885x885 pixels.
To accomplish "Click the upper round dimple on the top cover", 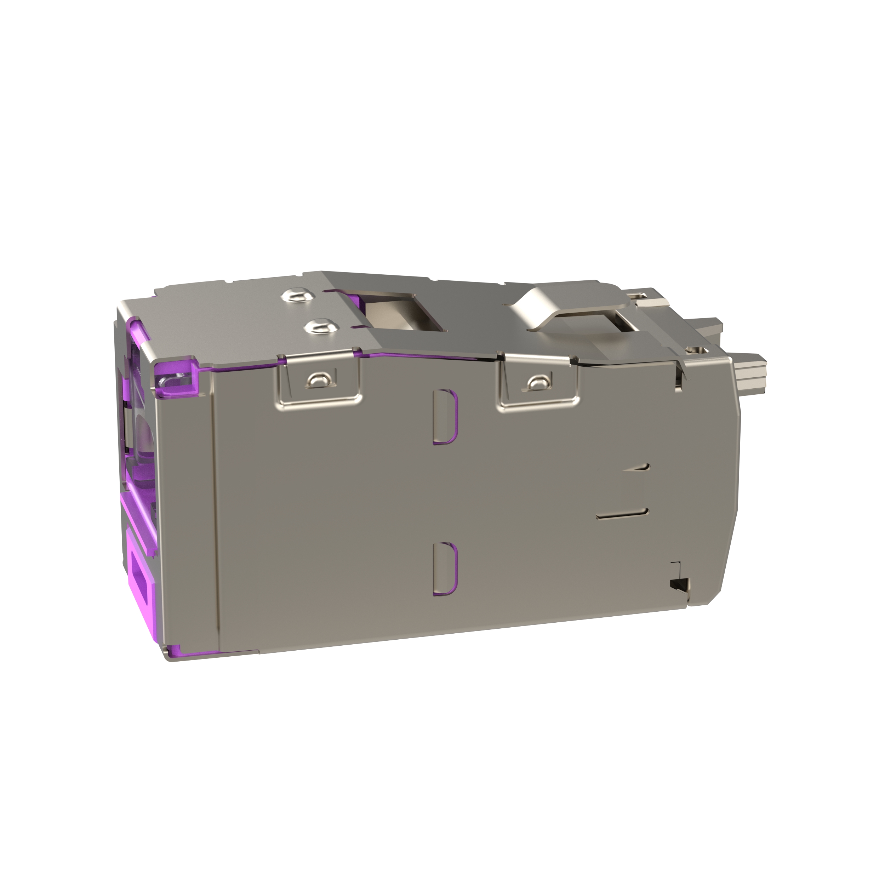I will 298,296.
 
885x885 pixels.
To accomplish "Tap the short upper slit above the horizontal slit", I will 639,455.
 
